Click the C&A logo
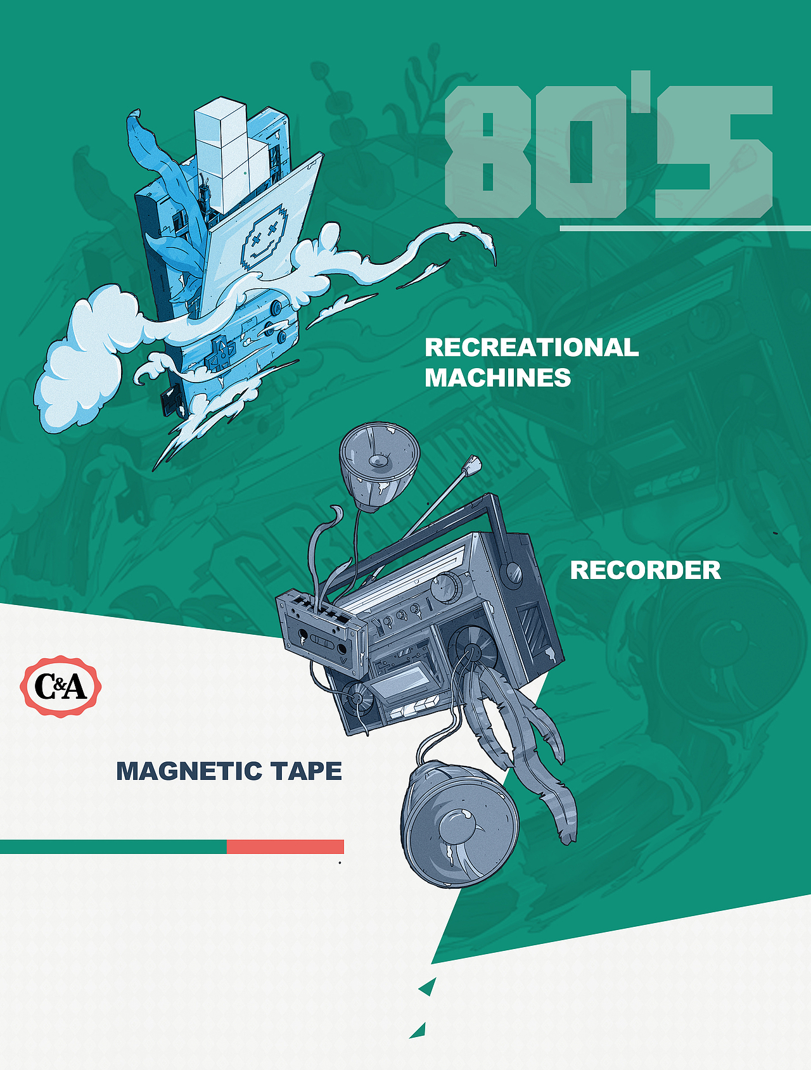tap(61, 686)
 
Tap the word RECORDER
tap(645, 570)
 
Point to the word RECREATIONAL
tap(532, 347)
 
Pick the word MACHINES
tap(498, 378)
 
